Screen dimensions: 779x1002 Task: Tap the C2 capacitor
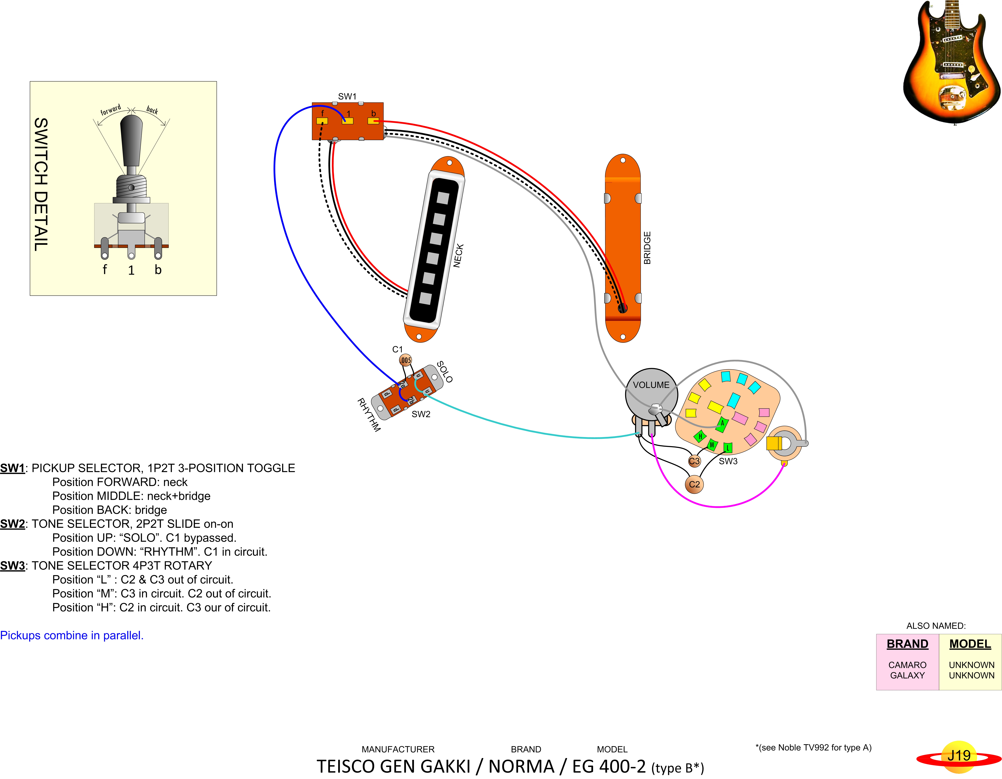coord(694,484)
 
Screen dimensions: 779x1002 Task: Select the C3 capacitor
coord(694,461)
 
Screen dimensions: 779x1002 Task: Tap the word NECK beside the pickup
coord(458,255)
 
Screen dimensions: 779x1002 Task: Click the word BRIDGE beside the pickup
coord(647,248)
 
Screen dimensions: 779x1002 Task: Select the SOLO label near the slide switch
coord(444,372)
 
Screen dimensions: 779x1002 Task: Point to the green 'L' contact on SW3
coord(728,447)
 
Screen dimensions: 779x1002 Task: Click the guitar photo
coord(952,62)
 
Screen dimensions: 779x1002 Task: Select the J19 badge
coord(959,756)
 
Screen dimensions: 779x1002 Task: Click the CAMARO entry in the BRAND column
coord(907,665)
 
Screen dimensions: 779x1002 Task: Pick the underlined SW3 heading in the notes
coord(12,566)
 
